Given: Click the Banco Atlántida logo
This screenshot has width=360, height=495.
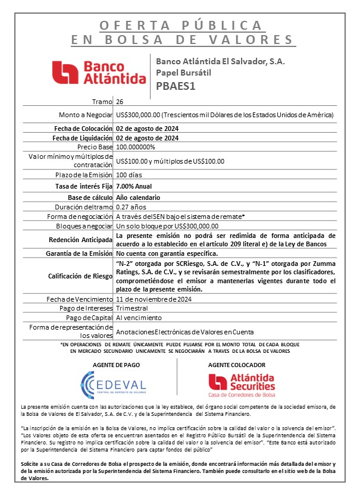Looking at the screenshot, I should tap(99, 71).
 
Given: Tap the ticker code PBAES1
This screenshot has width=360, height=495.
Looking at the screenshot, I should tap(177, 85).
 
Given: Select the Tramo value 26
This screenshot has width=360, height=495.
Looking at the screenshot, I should tap(120, 102).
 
